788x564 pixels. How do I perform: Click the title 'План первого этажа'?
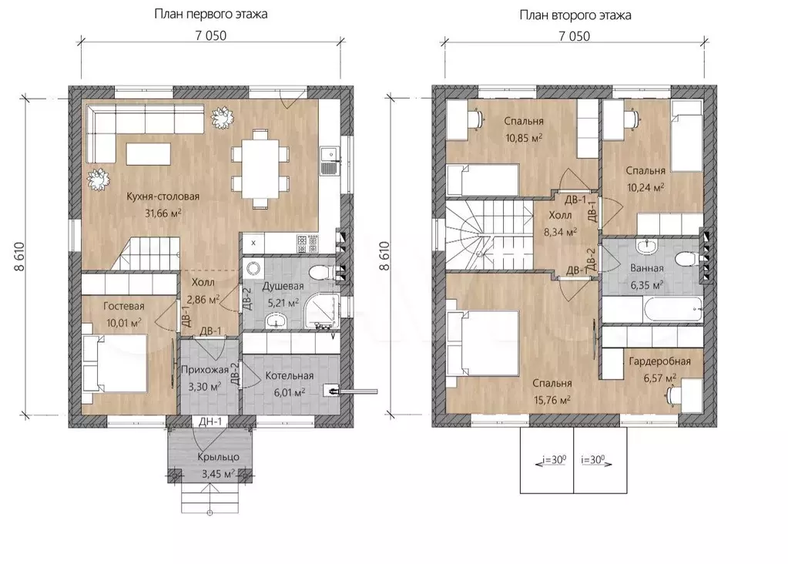(x=210, y=14)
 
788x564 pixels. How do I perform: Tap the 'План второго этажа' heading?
(x=575, y=15)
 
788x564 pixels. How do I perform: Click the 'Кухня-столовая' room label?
(x=163, y=196)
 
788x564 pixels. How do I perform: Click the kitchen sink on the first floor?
(x=329, y=160)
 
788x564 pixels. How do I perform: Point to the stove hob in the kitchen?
(x=307, y=243)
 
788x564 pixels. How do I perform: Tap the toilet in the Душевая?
(x=321, y=273)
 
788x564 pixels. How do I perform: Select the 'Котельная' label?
(x=290, y=375)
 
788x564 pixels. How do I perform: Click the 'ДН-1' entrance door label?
(x=210, y=421)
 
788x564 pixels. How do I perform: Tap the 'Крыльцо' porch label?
(x=218, y=457)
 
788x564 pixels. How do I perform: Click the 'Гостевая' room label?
(x=123, y=306)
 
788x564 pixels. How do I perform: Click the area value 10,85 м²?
(x=524, y=138)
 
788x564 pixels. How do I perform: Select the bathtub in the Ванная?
(x=652, y=310)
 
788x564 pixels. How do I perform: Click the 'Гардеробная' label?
(x=659, y=361)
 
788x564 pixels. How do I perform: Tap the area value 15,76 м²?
(x=552, y=400)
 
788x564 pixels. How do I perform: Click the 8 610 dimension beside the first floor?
(x=19, y=257)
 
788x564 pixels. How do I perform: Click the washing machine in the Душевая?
(x=253, y=268)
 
